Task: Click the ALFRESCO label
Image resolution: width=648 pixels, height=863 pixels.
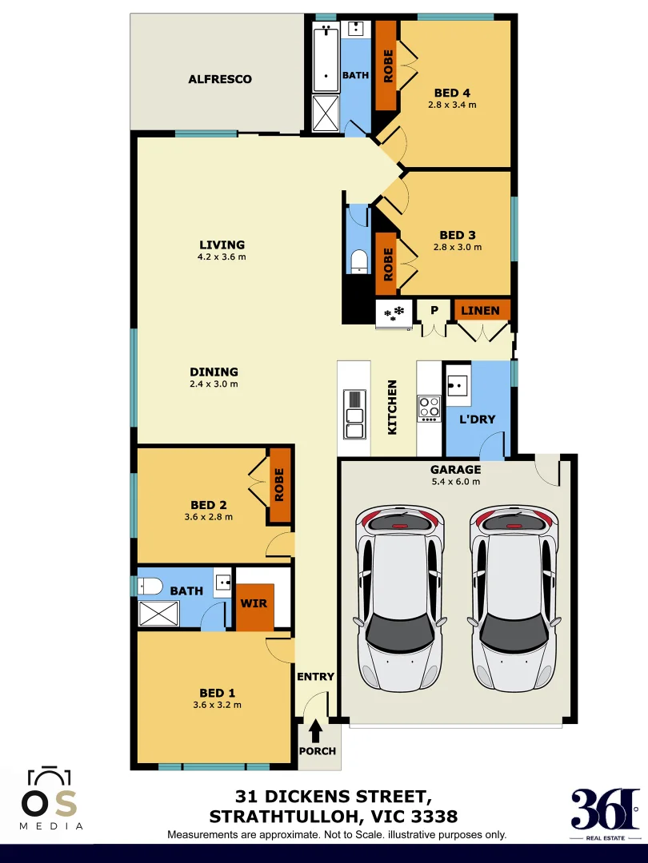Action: tap(220, 79)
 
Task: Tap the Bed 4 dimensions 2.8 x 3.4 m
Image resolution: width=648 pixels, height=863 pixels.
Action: tap(452, 105)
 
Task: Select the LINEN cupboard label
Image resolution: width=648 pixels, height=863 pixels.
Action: tap(481, 310)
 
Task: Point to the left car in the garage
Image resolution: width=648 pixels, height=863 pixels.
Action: tap(399, 597)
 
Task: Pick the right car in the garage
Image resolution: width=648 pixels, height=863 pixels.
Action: tap(513, 597)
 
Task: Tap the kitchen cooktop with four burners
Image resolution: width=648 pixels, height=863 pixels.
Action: tap(430, 408)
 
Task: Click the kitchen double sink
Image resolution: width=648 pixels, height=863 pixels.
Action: tap(354, 414)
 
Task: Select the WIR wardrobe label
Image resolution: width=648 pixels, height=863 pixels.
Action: tap(254, 603)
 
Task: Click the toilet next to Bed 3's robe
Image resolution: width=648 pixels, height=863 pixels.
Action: tap(359, 260)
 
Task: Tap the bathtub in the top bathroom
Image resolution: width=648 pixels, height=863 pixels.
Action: tap(326, 58)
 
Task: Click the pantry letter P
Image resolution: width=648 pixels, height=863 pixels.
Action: tap(434, 310)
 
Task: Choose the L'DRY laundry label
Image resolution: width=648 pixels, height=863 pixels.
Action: tap(477, 420)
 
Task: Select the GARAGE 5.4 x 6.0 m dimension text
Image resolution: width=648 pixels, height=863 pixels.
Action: tap(455, 482)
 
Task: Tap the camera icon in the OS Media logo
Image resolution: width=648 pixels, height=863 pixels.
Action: tap(50, 778)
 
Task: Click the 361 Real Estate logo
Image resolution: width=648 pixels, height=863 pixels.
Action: tap(605, 809)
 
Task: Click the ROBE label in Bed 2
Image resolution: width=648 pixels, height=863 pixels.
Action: tap(279, 485)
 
